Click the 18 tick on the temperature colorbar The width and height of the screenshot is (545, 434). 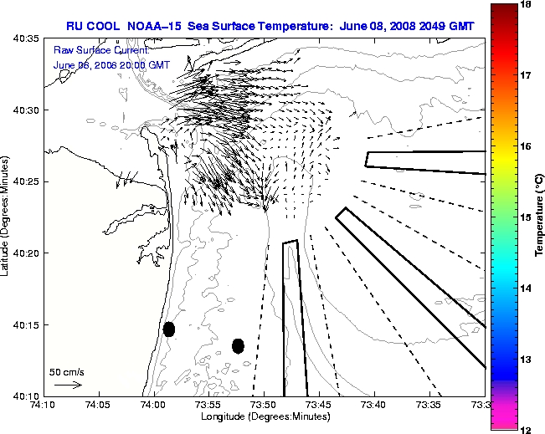point(527,4)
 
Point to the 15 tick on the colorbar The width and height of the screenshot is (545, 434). point(527,217)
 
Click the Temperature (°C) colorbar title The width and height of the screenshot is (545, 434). point(540,217)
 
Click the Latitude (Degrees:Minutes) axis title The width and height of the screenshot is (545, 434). point(8,217)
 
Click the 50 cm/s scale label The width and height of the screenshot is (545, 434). point(67,372)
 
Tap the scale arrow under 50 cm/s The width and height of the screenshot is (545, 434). point(67,385)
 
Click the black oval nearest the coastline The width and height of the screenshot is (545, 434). point(169,329)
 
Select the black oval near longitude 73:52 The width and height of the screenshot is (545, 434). point(238,345)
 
